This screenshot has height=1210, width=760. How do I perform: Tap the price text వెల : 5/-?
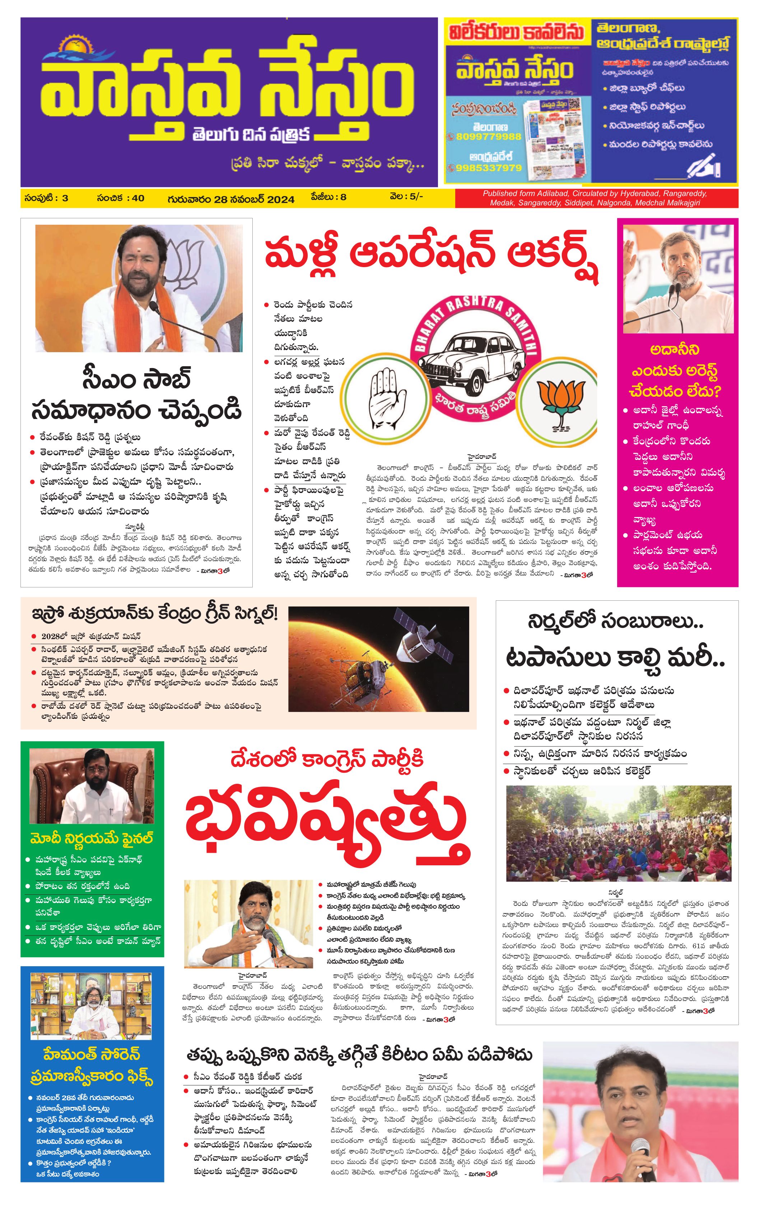click(x=406, y=197)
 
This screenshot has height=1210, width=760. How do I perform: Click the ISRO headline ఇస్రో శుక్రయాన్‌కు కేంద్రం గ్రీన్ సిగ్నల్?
click(x=155, y=614)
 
